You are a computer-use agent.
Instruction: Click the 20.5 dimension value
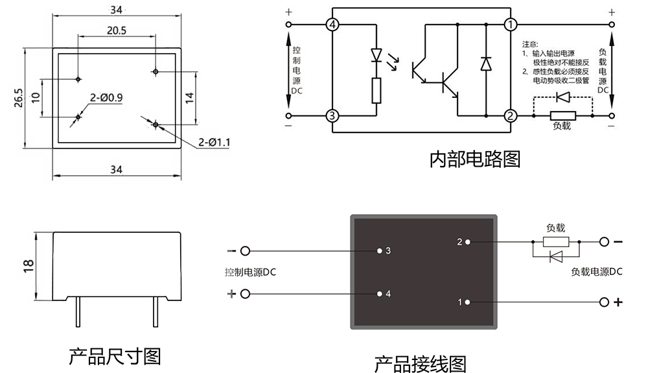pyautogui.click(x=117, y=30)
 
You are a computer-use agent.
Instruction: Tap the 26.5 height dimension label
pyautogui.click(x=19, y=97)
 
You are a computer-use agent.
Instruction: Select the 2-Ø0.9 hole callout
pyautogui.click(x=107, y=98)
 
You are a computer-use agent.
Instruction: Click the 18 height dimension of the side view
pyautogui.click(x=28, y=267)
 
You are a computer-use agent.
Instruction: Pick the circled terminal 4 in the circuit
pyautogui.click(x=332, y=25)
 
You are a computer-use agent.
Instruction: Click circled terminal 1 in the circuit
pyautogui.click(x=511, y=25)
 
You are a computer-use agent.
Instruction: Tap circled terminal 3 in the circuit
pyautogui.click(x=332, y=116)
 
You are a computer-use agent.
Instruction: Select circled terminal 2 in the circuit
pyautogui.click(x=511, y=116)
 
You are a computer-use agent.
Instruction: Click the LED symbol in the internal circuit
pyautogui.click(x=376, y=56)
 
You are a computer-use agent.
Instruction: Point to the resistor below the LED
pyautogui.click(x=376, y=91)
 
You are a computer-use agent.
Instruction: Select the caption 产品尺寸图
pyautogui.click(x=115, y=356)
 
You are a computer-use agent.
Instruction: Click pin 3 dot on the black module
pyautogui.click(x=379, y=250)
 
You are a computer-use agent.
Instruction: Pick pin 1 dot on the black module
pyautogui.click(x=467, y=302)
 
